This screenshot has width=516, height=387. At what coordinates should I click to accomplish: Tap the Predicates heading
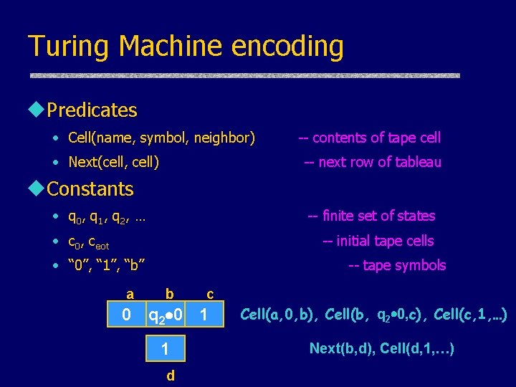[x=91, y=110]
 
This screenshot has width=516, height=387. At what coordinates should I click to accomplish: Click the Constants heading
[x=90, y=189]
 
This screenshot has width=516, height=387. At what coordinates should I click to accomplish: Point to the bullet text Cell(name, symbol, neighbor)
[x=161, y=138]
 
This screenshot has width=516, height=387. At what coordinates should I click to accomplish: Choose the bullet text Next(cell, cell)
[x=113, y=162]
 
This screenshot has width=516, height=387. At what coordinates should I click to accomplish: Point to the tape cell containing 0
[x=126, y=315]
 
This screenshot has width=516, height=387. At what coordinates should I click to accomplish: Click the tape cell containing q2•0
[x=166, y=315]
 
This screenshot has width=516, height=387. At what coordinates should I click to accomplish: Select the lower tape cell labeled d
[x=166, y=349]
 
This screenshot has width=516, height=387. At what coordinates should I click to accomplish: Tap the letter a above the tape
[x=130, y=293]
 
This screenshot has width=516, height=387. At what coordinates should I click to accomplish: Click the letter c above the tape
[x=209, y=293]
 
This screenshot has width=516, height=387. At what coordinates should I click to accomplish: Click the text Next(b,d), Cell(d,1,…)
[x=381, y=349]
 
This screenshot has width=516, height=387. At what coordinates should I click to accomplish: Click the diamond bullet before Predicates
[x=36, y=110]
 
